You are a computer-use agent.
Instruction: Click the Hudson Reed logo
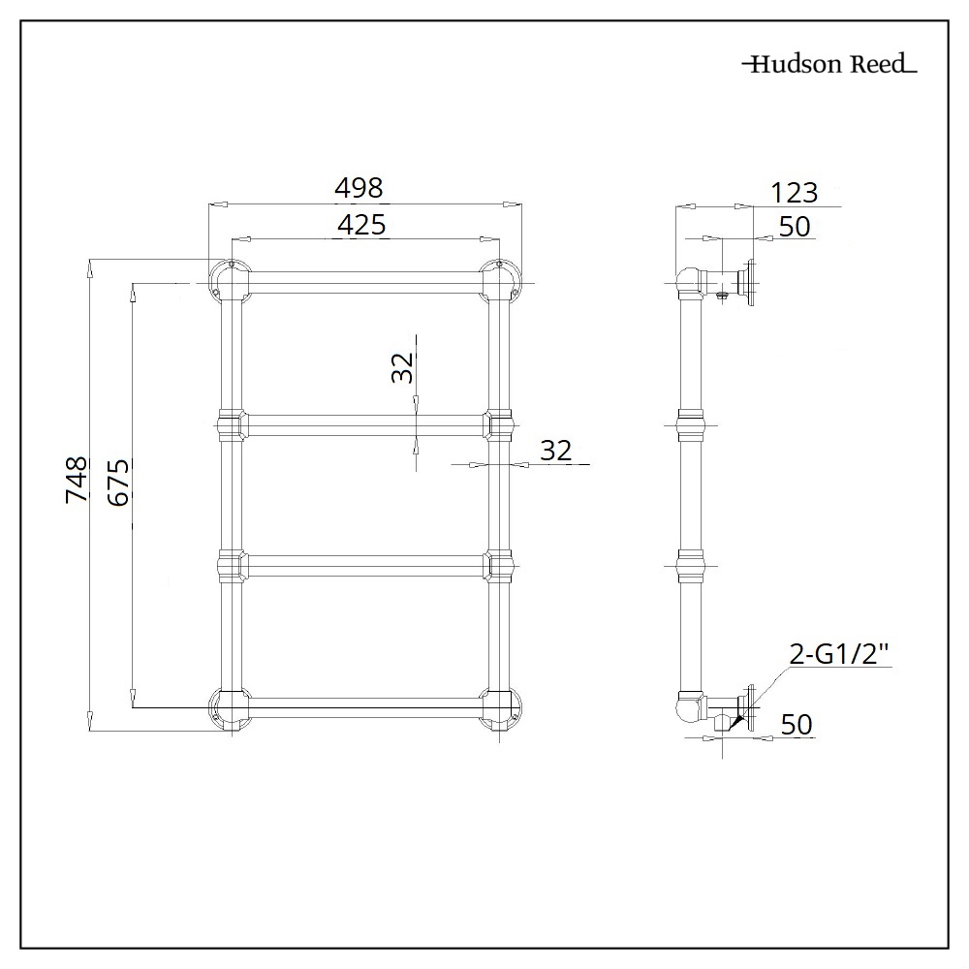click(x=828, y=65)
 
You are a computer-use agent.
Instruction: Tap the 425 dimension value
click(x=361, y=225)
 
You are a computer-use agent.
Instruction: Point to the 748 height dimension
click(x=76, y=480)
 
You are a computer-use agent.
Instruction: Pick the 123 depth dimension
click(x=795, y=192)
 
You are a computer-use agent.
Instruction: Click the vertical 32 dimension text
click(x=403, y=367)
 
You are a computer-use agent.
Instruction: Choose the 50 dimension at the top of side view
click(x=794, y=226)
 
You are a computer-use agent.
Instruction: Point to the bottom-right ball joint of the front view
click(x=500, y=708)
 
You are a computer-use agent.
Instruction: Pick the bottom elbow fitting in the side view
click(x=691, y=706)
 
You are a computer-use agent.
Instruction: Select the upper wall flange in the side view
click(x=748, y=282)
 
